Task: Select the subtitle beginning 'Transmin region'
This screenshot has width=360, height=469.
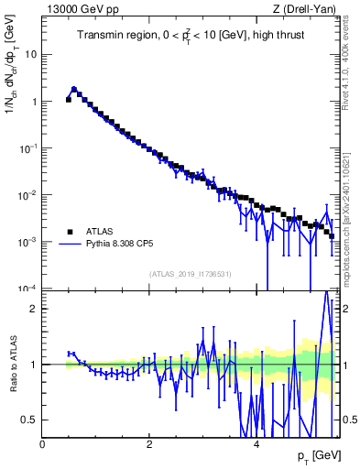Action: pos(191,36)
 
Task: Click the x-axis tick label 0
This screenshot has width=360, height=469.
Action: pos(43,443)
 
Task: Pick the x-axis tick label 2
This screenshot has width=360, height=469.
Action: pos(149,443)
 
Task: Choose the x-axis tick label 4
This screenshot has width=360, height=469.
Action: pos(256,443)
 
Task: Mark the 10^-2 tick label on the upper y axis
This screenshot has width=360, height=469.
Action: pos(27,194)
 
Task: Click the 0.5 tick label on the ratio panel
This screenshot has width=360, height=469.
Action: pos(29,420)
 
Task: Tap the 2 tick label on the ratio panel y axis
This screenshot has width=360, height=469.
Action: pos(34,309)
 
